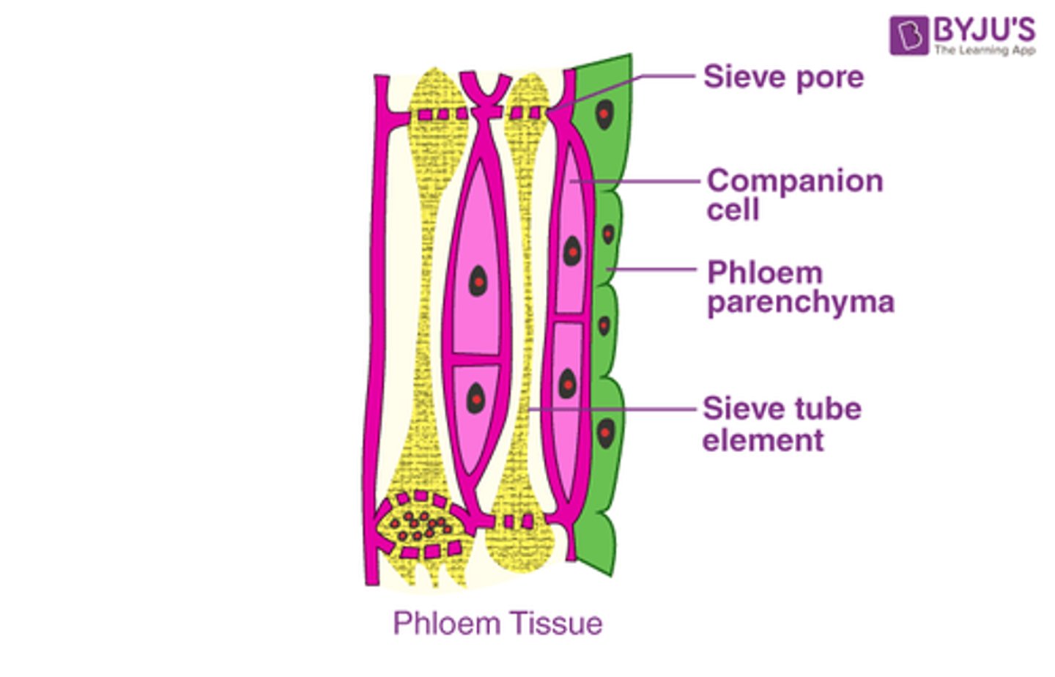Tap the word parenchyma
(x=801, y=303)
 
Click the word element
(x=763, y=440)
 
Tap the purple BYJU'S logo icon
(x=909, y=35)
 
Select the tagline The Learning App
(x=984, y=51)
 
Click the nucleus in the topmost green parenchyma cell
(x=604, y=114)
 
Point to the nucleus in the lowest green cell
(x=605, y=433)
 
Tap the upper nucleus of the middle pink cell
(x=478, y=279)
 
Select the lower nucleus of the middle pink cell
(x=476, y=398)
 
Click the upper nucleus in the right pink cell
(x=571, y=251)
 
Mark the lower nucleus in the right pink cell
(x=568, y=384)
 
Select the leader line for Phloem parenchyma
(x=652, y=270)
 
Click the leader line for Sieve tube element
(x=615, y=409)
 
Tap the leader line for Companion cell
(x=637, y=181)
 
